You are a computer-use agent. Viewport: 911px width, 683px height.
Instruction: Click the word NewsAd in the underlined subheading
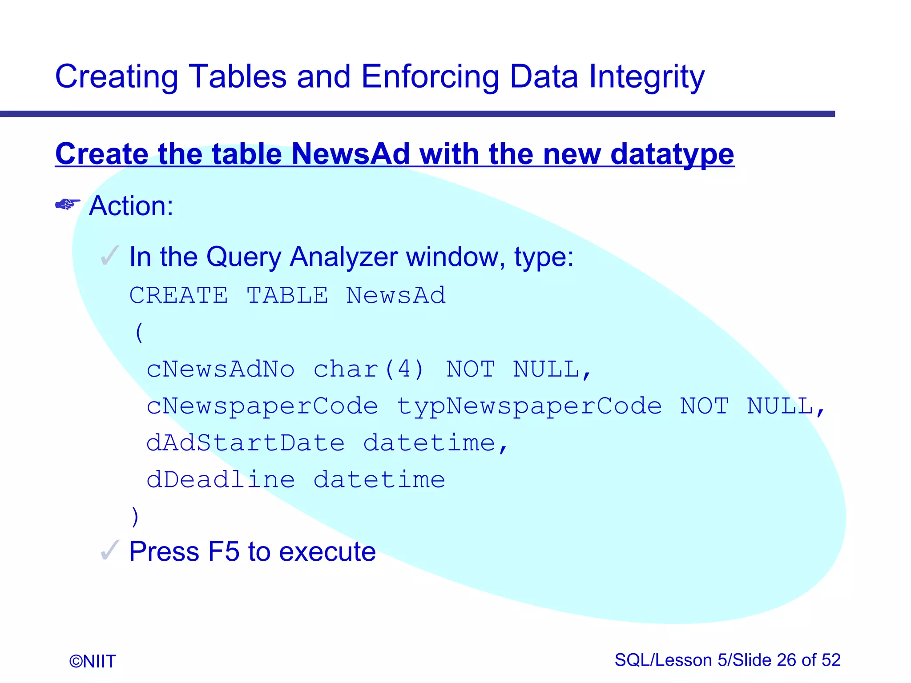point(350,154)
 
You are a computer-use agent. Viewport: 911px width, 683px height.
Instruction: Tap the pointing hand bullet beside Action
point(68,204)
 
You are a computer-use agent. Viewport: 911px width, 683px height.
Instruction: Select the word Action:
point(131,206)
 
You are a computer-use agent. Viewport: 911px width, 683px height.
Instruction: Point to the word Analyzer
point(343,257)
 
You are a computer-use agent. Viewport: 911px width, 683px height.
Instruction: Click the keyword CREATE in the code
point(179,295)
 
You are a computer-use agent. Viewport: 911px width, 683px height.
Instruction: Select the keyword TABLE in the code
point(287,295)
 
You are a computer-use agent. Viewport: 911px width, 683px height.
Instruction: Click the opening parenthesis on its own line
point(139,333)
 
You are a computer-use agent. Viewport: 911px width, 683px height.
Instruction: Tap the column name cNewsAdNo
point(220,370)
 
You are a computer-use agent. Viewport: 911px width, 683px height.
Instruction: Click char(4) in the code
point(369,370)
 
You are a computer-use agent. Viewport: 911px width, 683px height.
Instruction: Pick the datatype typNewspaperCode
point(529,406)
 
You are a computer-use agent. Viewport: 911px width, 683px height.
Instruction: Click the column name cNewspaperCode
point(262,406)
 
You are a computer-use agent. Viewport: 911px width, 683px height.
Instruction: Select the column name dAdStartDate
point(245,443)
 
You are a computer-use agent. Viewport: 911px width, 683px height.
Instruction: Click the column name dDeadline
point(220,480)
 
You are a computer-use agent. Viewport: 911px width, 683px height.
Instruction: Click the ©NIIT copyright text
point(93,661)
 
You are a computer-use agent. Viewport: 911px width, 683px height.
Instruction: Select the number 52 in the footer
point(830,660)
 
